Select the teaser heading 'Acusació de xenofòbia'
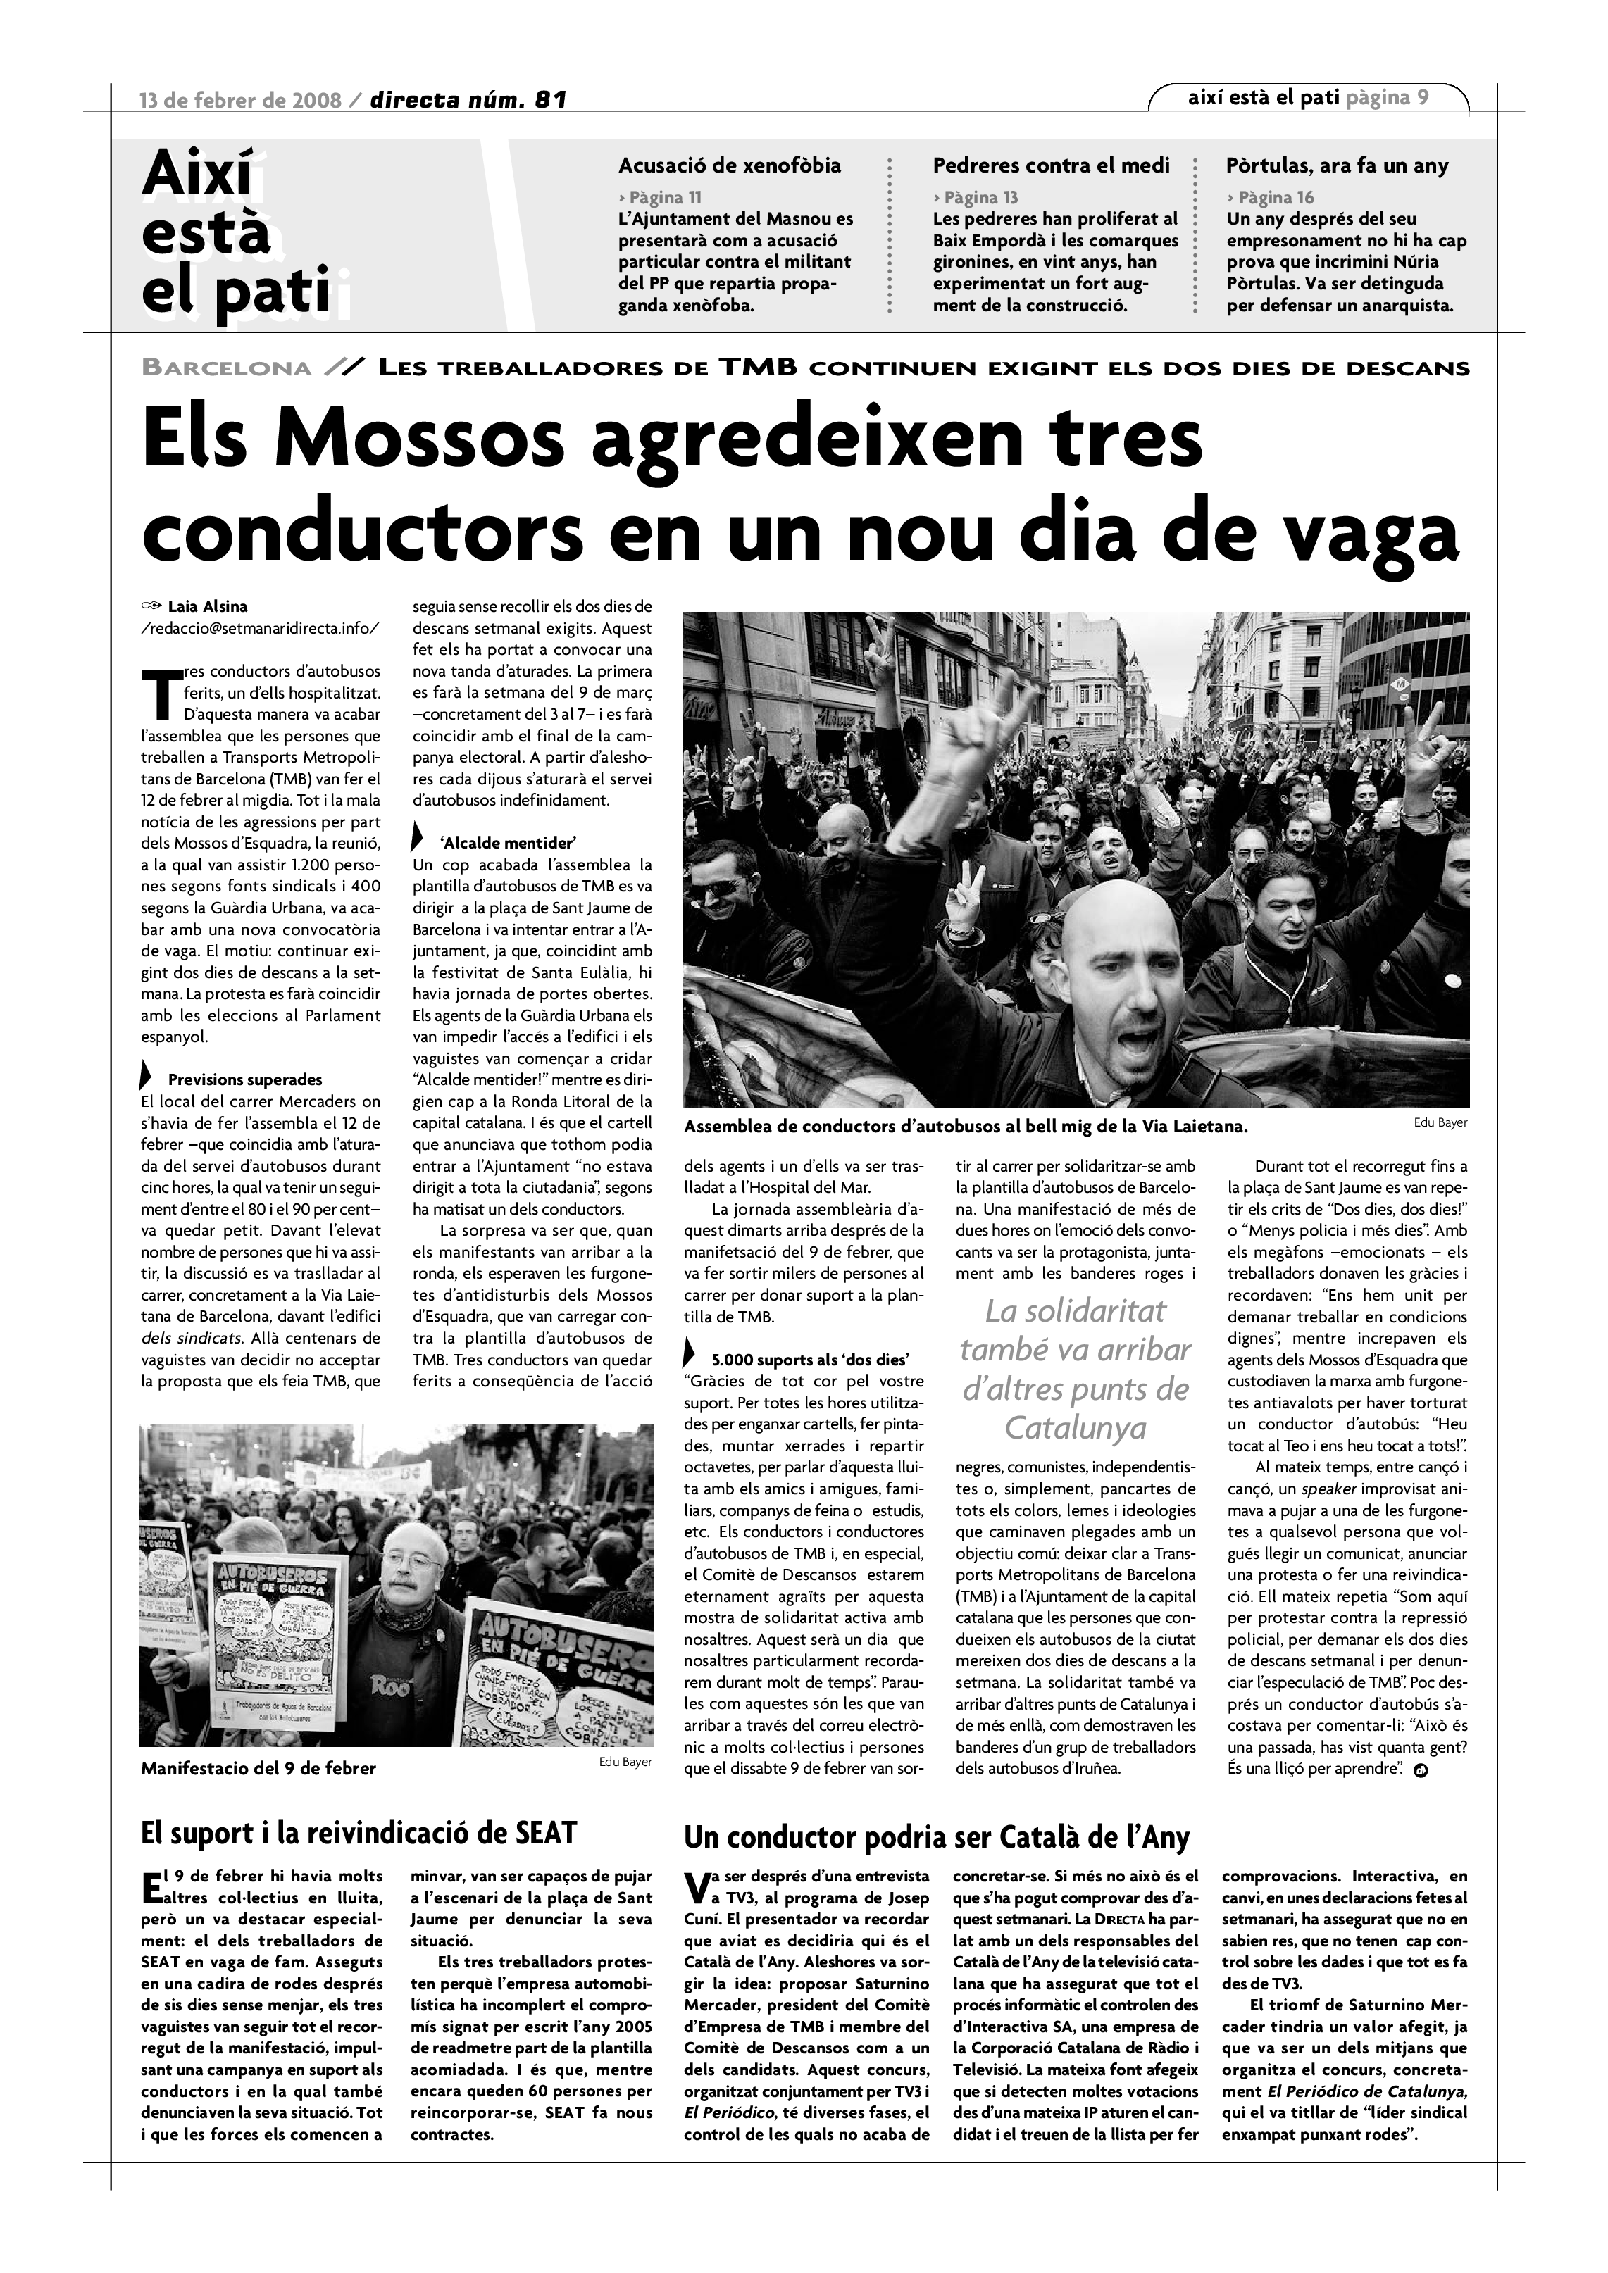730,165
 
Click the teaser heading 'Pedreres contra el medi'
1051,165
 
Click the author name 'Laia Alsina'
208,606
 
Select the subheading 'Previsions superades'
244,1079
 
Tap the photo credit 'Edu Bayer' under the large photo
1440,1122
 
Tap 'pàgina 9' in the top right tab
1388,97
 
